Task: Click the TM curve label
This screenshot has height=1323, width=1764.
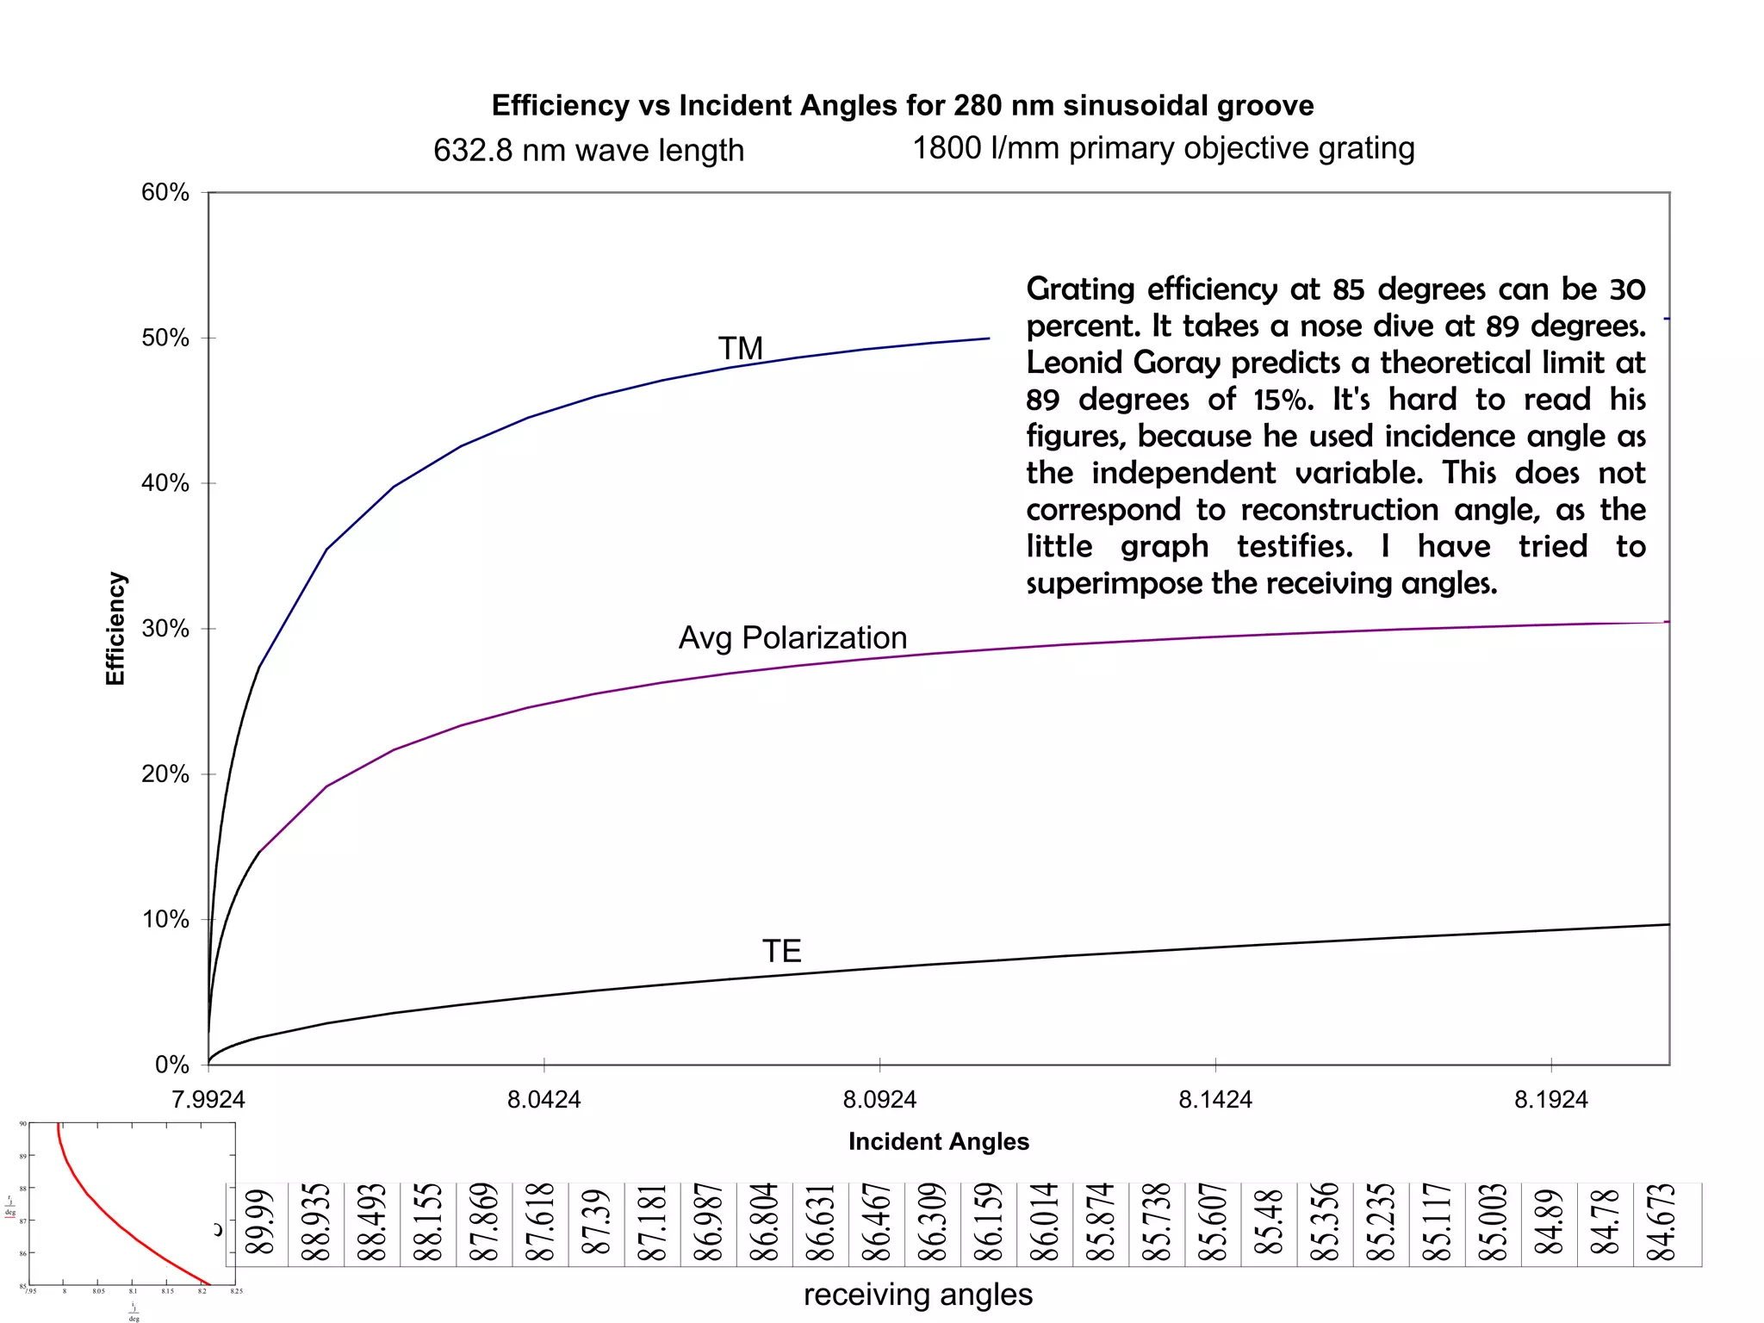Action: point(741,349)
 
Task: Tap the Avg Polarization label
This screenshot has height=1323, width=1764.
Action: point(792,638)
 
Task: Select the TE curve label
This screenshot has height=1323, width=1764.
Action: point(781,952)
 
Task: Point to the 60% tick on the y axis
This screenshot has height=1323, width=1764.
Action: point(165,192)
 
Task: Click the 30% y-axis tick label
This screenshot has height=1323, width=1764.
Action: point(165,629)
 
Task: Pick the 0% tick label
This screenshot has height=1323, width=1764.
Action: point(171,1065)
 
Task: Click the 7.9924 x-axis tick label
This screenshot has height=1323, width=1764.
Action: point(208,1100)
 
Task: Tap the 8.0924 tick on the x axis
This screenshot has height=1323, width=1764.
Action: point(879,1100)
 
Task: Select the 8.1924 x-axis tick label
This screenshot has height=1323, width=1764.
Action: point(1550,1100)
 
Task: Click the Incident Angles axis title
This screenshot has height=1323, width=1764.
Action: point(938,1142)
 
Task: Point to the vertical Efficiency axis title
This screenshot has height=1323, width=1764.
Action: point(115,629)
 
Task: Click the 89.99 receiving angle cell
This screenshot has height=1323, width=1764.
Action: point(259,1224)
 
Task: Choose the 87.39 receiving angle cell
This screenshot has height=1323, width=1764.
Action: point(595,1224)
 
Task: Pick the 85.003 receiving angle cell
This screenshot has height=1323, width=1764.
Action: point(1492,1224)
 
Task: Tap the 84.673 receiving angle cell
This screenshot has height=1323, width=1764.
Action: point(1660,1224)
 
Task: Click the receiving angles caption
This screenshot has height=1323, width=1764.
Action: point(917,1295)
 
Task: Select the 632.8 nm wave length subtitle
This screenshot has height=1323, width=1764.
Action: point(588,151)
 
